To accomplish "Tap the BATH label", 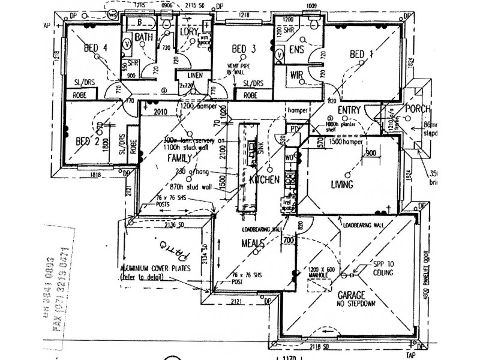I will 144,37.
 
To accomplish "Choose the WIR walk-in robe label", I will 296,75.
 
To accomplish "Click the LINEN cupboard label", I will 194,75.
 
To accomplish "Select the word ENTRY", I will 349,110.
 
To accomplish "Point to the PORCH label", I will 415,109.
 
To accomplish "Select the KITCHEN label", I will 264,179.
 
